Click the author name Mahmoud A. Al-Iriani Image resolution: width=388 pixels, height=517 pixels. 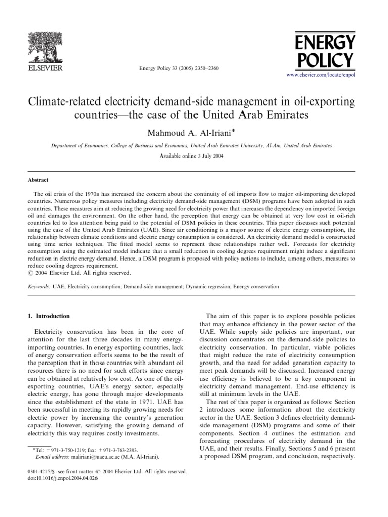pos(191,132)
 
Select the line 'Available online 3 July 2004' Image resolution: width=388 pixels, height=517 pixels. pos(194,156)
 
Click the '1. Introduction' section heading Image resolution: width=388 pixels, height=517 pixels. pos(48,316)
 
